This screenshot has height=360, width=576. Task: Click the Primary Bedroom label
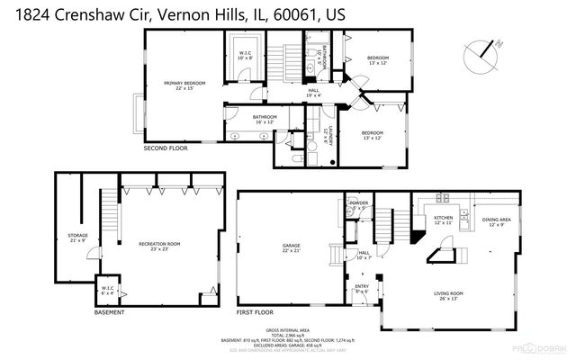click(x=180, y=85)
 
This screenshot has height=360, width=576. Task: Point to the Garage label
click(x=291, y=247)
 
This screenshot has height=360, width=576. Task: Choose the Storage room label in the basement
click(x=77, y=238)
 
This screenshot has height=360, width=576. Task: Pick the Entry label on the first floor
click(x=362, y=289)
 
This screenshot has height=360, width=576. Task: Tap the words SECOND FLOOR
click(x=166, y=148)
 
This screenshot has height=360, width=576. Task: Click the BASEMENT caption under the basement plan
click(x=109, y=312)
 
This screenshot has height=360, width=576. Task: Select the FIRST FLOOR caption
click(x=257, y=312)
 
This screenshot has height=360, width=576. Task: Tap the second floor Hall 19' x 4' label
click(x=314, y=92)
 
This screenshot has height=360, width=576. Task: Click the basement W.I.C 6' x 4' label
click(x=107, y=291)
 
